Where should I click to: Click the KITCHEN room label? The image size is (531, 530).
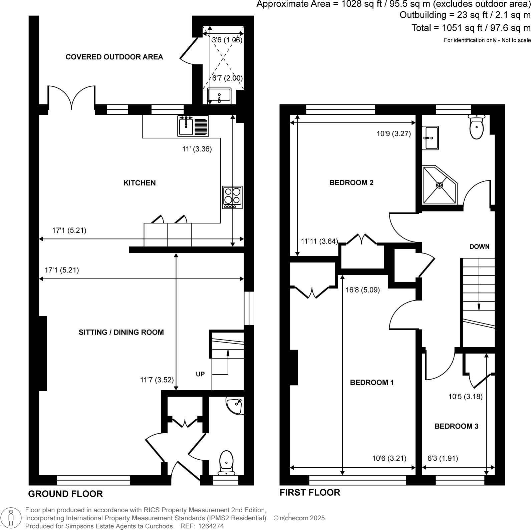point(140,183)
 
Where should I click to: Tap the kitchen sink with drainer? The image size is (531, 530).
point(193,126)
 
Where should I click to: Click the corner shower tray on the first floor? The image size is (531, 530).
point(439,185)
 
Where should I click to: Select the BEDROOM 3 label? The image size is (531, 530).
point(456,426)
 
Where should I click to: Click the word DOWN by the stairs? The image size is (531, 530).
point(479,247)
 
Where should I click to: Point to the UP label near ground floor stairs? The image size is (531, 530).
point(200,374)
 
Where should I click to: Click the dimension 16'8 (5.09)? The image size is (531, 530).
point(362,290)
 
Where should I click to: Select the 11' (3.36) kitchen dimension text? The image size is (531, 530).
point(197,149)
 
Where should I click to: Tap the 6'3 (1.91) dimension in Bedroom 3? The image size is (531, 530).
point(443,458)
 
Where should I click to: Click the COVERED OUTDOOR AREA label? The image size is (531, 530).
point(114,57)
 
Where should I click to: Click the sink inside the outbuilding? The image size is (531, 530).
point(219,95)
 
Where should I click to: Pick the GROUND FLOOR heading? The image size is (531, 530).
point(65,494)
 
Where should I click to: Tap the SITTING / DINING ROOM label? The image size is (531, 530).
point(121,332)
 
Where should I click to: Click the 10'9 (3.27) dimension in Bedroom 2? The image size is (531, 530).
point(393,134)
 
